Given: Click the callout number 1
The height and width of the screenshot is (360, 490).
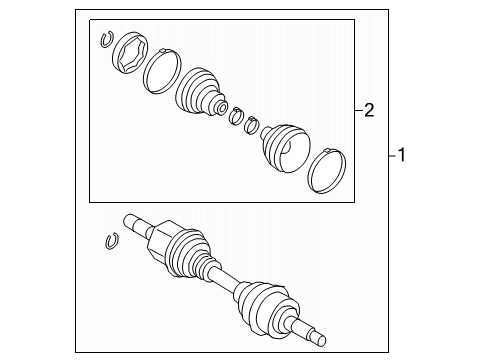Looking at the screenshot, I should pos(403,155).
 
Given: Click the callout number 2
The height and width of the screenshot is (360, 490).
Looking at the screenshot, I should pos(369,110).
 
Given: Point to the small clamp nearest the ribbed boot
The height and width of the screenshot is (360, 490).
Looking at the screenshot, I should pos(237,117).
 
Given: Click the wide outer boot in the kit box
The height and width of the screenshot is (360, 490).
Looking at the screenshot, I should pos(287,148).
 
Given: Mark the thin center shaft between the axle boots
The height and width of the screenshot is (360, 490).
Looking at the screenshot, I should pos(226,281).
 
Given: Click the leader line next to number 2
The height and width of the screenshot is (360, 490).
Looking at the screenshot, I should pos(356,110).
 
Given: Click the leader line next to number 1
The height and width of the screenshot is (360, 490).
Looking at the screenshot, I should pos(390,155).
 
